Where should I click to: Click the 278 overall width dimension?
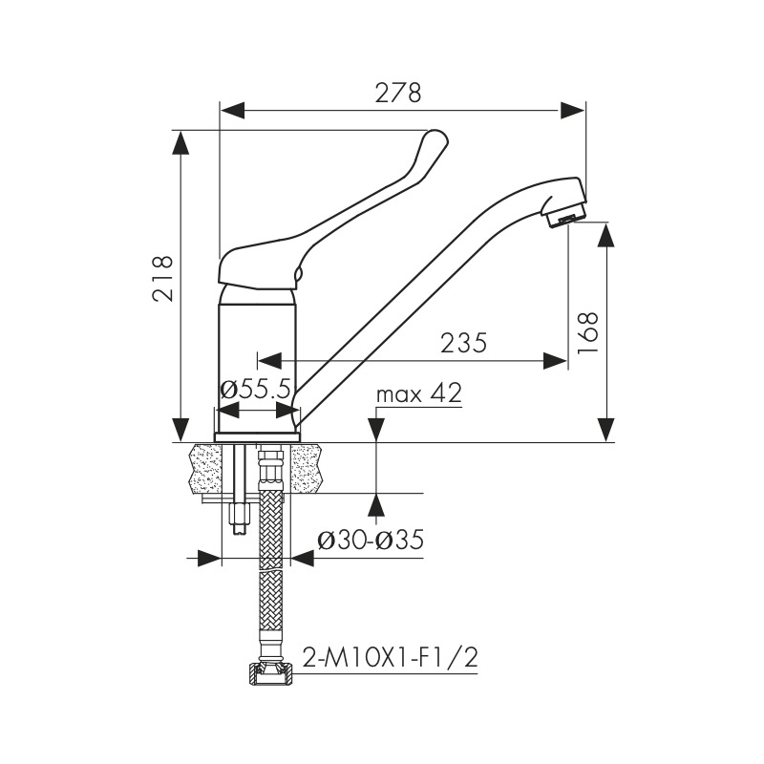(x=397, y=93)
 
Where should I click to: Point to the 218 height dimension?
(x=162, y=278)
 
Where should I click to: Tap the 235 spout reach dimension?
(x=463, y=343)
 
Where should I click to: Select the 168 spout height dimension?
(x=586, y=332)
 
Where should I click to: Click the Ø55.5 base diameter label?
(x=255, y=390)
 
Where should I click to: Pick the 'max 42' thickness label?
(x=418, y=393)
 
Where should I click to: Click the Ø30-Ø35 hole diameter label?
(x=371, y=540)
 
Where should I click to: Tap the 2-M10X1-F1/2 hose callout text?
(x=390, y=657)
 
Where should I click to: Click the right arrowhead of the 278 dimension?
(x=572, y=110)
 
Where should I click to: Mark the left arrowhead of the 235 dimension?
(x=269, y=361)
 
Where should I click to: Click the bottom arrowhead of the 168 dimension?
(x=606, y=430)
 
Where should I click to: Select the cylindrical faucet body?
(x=257, y=362)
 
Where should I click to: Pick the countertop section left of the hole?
(x=204, y=468)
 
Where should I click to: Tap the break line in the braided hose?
(x=271, y=570)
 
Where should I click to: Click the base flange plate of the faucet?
(x=257, y=437)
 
